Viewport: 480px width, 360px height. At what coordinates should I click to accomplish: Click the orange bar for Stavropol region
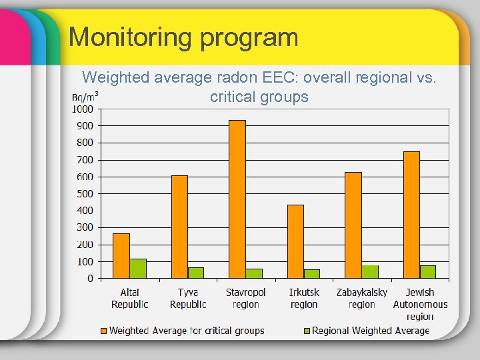(x=237, y=199)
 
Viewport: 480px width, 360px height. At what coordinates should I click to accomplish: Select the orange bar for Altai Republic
(x=121, y=256)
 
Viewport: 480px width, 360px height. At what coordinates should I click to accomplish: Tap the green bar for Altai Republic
(x=138, y=269)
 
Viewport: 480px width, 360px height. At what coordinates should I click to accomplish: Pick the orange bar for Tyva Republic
(x=179, y=227)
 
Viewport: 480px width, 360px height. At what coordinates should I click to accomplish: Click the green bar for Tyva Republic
(x=196, y=273)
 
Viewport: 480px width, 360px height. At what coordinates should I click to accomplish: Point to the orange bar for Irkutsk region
(x=295, y=241)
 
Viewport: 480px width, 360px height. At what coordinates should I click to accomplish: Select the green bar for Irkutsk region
(x=312, y=274)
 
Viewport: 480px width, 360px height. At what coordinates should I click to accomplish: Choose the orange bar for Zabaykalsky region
(x=353, y=225)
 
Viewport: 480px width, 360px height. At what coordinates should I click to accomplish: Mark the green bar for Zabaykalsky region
(x=370, y=272)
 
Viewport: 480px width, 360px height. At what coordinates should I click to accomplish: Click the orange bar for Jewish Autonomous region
(x=411, y=215)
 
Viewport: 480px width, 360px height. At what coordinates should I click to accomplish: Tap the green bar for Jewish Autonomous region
(x=428, y=272)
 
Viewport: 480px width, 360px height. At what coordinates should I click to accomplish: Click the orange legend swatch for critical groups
(x=103, y=331)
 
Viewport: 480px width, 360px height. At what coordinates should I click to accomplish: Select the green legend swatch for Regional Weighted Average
(x=307, y=331)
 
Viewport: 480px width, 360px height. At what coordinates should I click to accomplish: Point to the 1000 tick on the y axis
(x=83, y=109)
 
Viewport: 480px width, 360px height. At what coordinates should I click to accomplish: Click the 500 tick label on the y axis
(x=85, y=194)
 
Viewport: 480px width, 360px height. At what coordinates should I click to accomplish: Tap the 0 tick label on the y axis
(x=91, y=279)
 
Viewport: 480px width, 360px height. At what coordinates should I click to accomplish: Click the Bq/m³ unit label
(x=85, y=97)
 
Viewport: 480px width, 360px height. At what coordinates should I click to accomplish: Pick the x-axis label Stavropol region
(x=245, y=298)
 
